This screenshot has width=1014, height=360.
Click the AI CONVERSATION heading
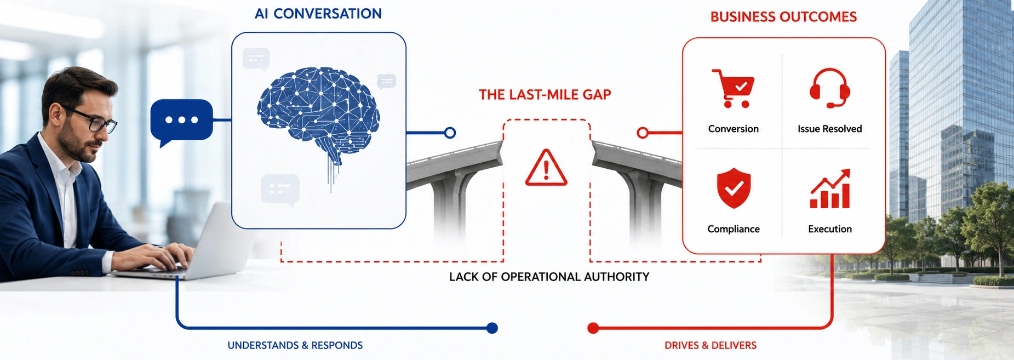point(318,14)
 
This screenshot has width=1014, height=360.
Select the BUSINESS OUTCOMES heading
point(783,17)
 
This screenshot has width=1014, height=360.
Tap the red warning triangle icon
point(546,168)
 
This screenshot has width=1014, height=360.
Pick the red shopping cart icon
point(733,88)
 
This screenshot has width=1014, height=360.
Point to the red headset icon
point(829,88)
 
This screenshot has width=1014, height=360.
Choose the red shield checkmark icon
point(734,188)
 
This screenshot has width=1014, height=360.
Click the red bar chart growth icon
point(830,188)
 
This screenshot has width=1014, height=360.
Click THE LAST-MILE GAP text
point(545,95)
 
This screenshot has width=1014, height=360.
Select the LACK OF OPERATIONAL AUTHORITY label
point(549,277)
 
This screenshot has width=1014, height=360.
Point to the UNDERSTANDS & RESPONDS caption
point(295,345)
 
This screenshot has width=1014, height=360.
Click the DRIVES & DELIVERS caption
point(711,345)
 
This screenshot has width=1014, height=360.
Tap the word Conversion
point(733,129)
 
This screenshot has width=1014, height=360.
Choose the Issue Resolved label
point(829,129)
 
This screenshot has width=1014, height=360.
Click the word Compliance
point(733,229)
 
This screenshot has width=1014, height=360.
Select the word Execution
point(830,229)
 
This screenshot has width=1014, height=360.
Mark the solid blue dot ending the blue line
point(492,328)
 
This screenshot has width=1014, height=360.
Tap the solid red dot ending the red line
point(593,328)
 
